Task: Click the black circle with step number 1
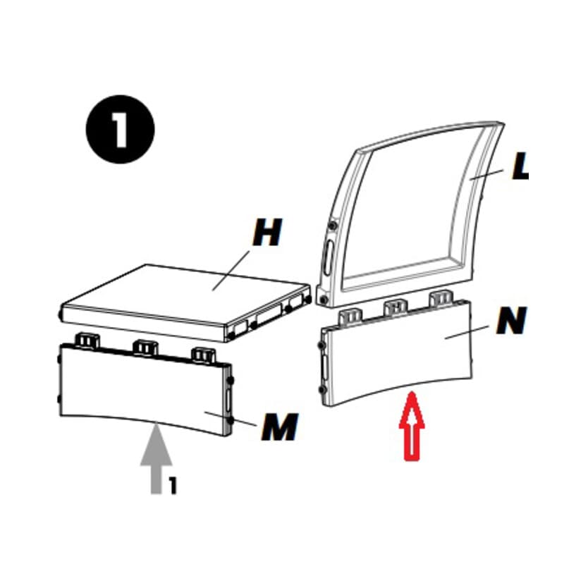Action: pos(120,129)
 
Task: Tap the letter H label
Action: pos(268,233)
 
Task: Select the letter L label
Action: pos(520,166)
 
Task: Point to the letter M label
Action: pos(280,427)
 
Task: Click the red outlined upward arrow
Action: pos(412,427)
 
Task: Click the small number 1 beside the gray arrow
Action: pos(173,486)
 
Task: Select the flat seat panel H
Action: pos(185,303)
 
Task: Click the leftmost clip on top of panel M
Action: pos(87,341)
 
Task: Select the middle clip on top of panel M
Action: pos(145,348)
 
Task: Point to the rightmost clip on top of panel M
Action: pos(204,355)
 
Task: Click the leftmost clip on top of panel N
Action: pos(350,317)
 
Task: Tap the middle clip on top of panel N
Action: pos(396,307)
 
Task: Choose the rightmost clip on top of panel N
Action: pos(441,298)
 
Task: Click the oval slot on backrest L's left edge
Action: pos(328,257)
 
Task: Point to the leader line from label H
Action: pos(231,271)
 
